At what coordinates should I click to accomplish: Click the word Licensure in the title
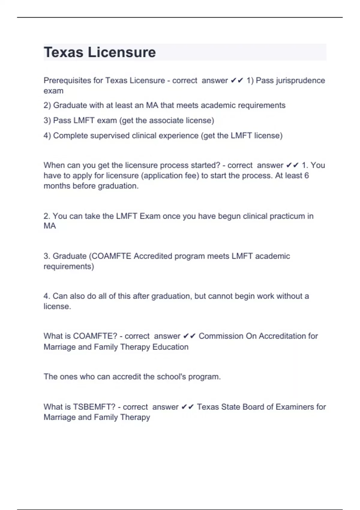click(121, 52)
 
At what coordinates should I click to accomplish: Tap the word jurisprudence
click(300, 80)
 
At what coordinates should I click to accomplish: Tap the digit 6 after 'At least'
click(306, 175)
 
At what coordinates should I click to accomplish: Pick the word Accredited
click(153, 256)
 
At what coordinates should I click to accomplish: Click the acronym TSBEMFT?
click(94, 407)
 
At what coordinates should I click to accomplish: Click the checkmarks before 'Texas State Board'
click(188, 407)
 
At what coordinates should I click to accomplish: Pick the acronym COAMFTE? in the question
click(95, 336)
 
